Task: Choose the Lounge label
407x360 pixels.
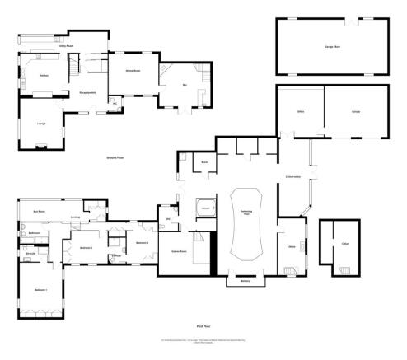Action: (x=40, y=124)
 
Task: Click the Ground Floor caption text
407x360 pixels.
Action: (x=115, y=156)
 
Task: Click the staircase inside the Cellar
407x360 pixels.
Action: (x=344, y=269)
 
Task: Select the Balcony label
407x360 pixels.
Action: (x=244, y=281)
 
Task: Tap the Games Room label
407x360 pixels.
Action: (x=176, y=250)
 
